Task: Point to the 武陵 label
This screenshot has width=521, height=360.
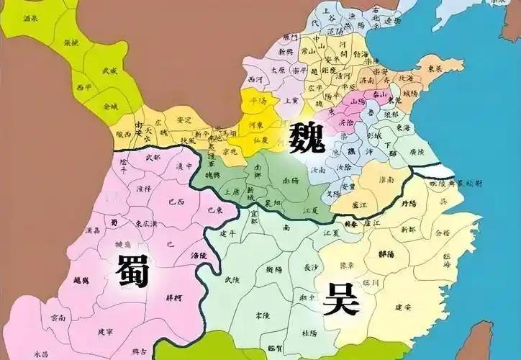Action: tap(232, 279)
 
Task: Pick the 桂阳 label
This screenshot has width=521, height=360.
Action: tap(309, 333)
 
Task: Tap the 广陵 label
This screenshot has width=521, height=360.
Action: tap(417, 152)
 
